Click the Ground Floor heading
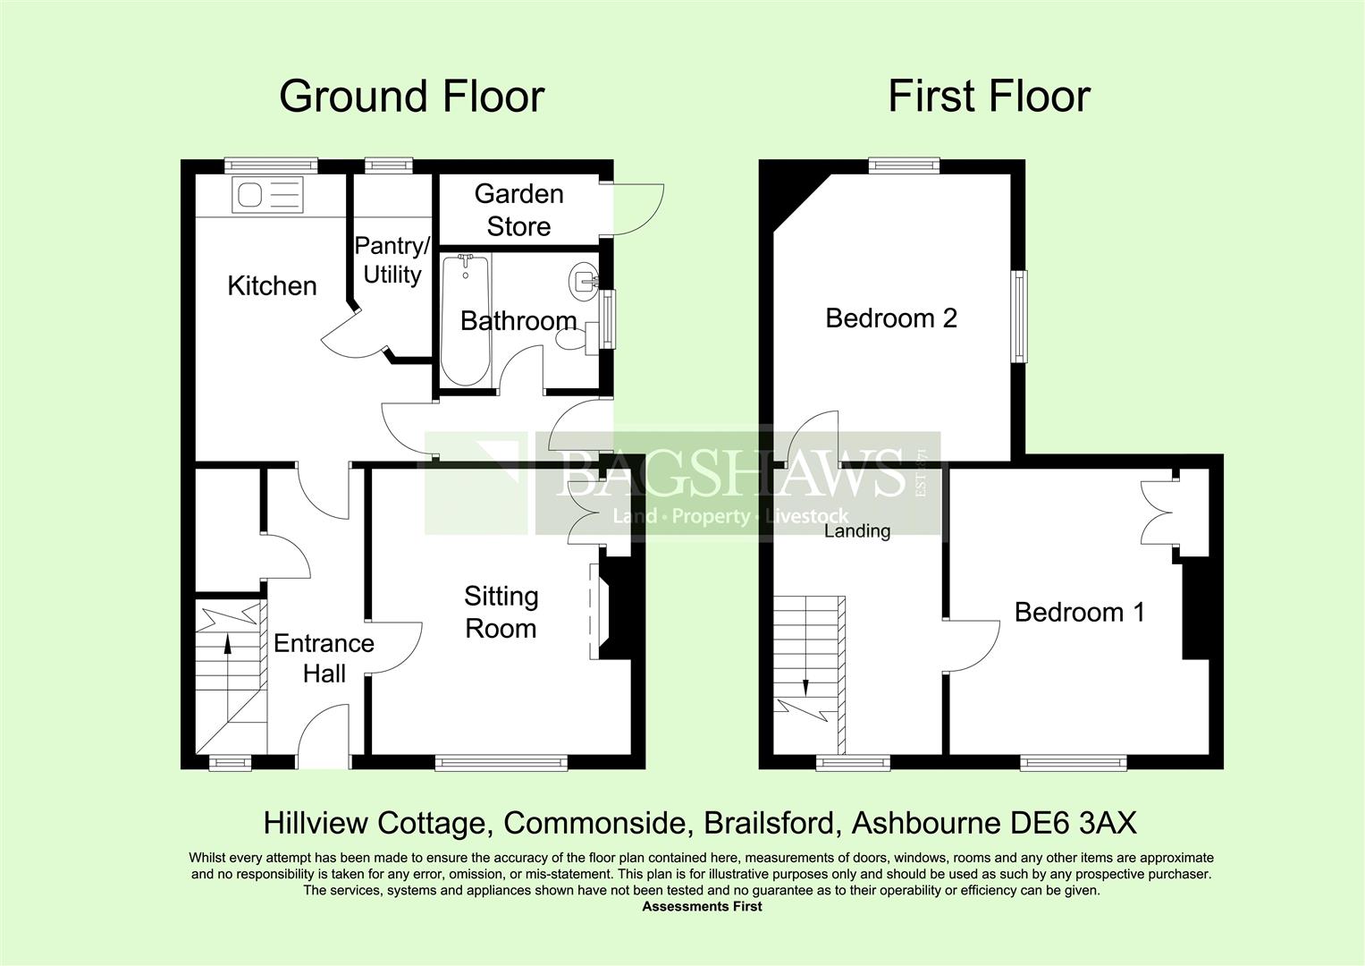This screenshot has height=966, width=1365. tap(411, 97)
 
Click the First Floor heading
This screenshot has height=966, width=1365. tap(989, 97)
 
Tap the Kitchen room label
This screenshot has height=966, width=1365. tap(272, 286)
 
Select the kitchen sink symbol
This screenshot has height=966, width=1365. tap(267, 195)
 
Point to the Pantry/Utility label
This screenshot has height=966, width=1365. tap(392, 260)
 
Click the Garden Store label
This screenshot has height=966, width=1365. tap(518, 210)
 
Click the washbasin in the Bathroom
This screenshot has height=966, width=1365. tap(583, 280)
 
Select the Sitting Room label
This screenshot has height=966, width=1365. tap(501, 612)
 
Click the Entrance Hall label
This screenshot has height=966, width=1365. tap(324, 657)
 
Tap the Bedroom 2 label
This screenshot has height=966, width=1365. tap(891, 318)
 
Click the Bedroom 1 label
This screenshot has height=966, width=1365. tap(1079, 613)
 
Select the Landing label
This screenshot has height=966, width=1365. tap(857, 531)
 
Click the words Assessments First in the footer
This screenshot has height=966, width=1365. tap(702, 906)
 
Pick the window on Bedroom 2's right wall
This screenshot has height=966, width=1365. tap(1018, 317)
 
